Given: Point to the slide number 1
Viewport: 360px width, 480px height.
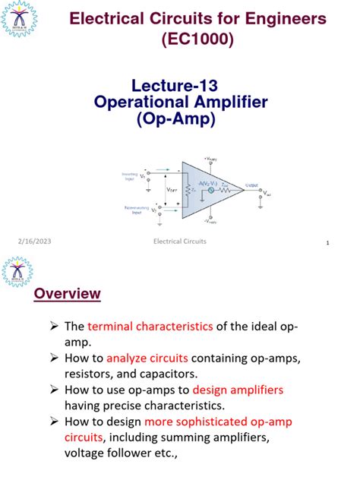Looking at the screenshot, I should click(327, 243).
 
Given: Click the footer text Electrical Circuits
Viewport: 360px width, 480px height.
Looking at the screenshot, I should click(179, 242).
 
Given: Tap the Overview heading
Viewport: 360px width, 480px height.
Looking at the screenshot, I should click(68, 294).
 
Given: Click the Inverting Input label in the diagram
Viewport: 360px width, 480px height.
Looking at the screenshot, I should click(130, 175).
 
